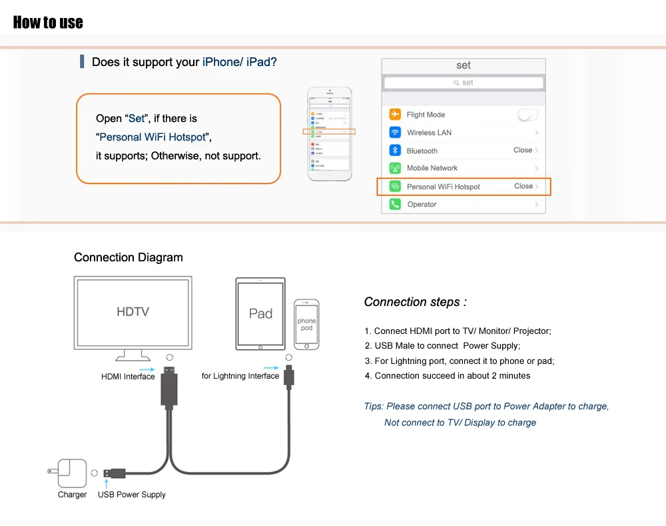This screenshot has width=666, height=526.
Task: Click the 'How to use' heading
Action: pos(48,22)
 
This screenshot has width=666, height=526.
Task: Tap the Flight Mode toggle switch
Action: pos(527,115)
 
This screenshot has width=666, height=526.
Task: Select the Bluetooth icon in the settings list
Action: pos(395,151)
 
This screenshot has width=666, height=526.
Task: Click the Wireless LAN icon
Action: pos(395,133)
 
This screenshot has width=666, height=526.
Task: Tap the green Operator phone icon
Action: pos(395,204)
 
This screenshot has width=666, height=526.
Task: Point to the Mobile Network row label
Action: pos(432,168)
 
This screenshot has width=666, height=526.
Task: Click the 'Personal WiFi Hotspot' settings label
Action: pos(443,187)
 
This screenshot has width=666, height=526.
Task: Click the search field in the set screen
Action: pos(464,83)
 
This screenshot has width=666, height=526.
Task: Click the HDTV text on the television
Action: pos(133,311)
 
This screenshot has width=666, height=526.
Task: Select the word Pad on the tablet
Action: pos(260,313)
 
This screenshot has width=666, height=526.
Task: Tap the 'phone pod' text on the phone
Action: pos(306,325)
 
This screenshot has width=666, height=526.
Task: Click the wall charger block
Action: pos(71,473)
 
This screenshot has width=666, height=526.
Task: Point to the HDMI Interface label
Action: pos(128,377)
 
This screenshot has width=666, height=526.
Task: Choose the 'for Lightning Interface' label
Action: pos(240,376)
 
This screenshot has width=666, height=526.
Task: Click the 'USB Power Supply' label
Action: pos(132,495)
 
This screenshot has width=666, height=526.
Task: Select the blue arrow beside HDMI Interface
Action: pos(148,368)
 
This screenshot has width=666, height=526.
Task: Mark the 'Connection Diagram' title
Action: pos(128,257)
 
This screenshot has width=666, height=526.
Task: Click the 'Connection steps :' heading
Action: pos(415,302)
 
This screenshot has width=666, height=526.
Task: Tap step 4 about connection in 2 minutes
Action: pos(448,376)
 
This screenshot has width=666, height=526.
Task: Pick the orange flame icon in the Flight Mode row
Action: pos(395,115)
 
